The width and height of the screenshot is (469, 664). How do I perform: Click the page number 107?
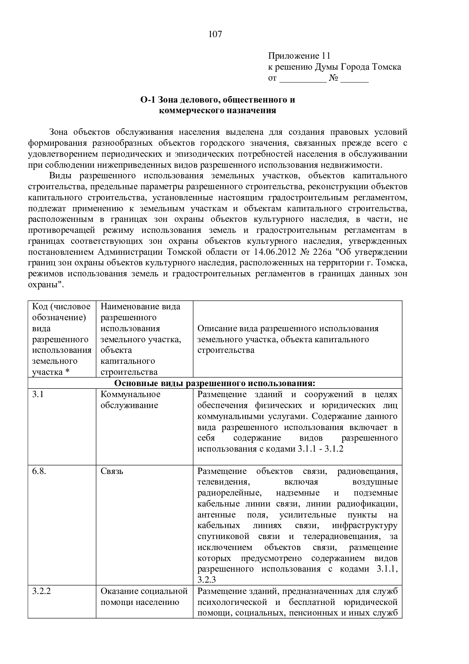click(x=215, y=34)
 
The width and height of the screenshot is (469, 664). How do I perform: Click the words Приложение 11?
click(x=299, y=56)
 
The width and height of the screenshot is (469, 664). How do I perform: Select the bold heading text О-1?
click(x=148, y=100)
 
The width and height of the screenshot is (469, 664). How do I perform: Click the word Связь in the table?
click(x=112, y=471)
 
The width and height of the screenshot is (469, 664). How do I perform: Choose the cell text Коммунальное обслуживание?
click(x=130, y=400)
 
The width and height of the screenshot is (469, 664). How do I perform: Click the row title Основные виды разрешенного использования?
click(x=214, y=383)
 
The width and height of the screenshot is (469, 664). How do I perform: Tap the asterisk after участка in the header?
click(x=67, y=372)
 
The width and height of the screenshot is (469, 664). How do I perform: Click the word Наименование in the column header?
click(x=125, y=307)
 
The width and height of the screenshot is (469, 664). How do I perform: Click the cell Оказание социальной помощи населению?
click(x=144, y=597)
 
